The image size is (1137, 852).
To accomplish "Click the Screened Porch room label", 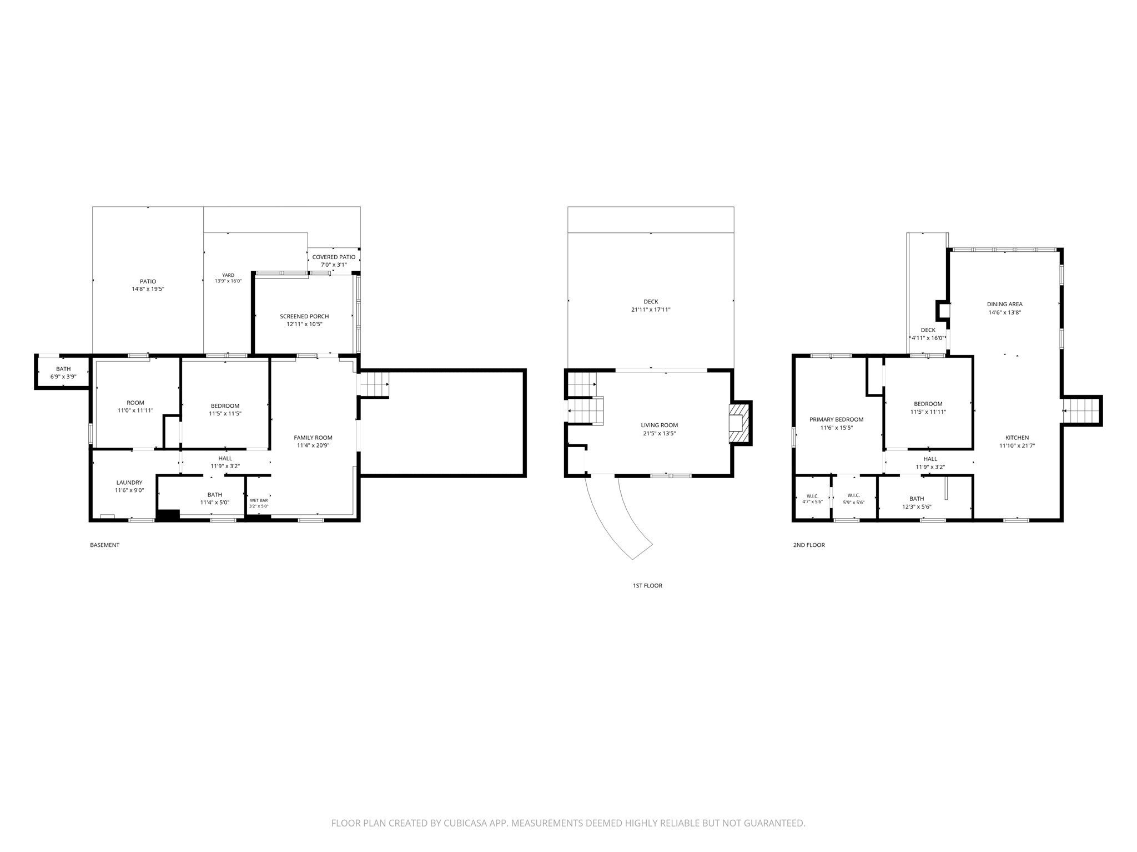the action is pyautogui.click(x=304, y=316).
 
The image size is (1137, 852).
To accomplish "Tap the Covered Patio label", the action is pyautogui.click(x=334, y=257).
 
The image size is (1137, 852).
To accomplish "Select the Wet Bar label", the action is pyautogui.click(x=259, y=500).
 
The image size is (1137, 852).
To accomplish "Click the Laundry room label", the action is pyautogui.click(x=129, y=483).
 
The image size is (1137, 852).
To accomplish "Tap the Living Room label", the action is pyautogui.click(x=660, y=425).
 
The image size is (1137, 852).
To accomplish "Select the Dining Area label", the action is pyautogui.click(x=1005, y=304).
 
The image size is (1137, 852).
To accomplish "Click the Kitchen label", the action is pyautogui.click(x=1017, y=438).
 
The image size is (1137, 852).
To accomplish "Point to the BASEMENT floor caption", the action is pyautogui.click(x=104, y=545).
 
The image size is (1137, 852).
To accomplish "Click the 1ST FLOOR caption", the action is pyautogui.click(x=647, y=586).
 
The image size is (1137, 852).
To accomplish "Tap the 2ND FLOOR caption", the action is pyautogui.click(x=809, y=545).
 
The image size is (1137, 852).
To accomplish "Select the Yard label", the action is pyautogui.click(x=228, y=275).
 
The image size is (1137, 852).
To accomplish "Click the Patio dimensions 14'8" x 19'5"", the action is pyautogui.click(x=148, y=289).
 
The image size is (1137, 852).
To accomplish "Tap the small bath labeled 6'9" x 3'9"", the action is pyautogui.click(x=63, y=373).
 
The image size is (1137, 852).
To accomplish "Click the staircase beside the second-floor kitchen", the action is pyautogui.click(x=1081, y=410).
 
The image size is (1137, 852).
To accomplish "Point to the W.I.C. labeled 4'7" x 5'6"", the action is pyautogui.click(x=812, y=499).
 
